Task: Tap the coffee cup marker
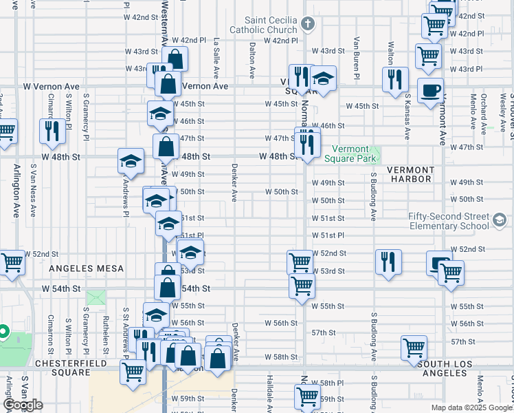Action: [x=431, y=91]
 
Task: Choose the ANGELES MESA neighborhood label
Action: [x=87, y=268]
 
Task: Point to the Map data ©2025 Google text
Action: [x=471, y=407]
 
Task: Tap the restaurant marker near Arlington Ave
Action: [x=52, y=130]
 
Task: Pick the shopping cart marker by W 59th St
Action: [x=307, y=396]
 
